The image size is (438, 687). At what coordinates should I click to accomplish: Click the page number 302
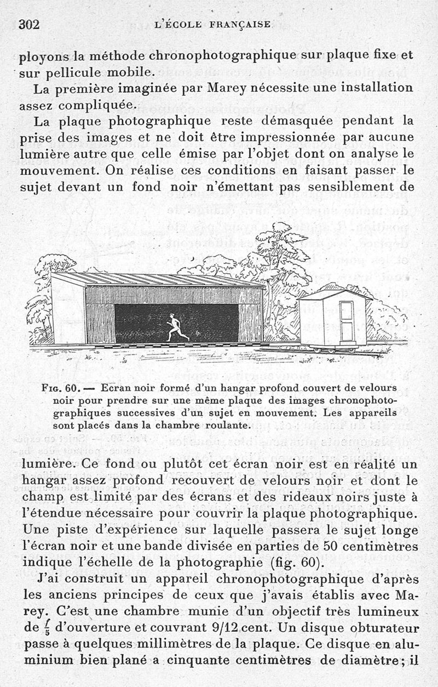pos(31,24)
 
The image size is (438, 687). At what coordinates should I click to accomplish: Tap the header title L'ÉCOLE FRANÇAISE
pos(213,25)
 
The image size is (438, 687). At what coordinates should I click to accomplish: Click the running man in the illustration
pos(175,327)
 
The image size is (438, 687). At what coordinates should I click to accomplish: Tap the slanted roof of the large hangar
pos(159,279)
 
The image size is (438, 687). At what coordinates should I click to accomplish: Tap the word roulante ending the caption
pos(224,425)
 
